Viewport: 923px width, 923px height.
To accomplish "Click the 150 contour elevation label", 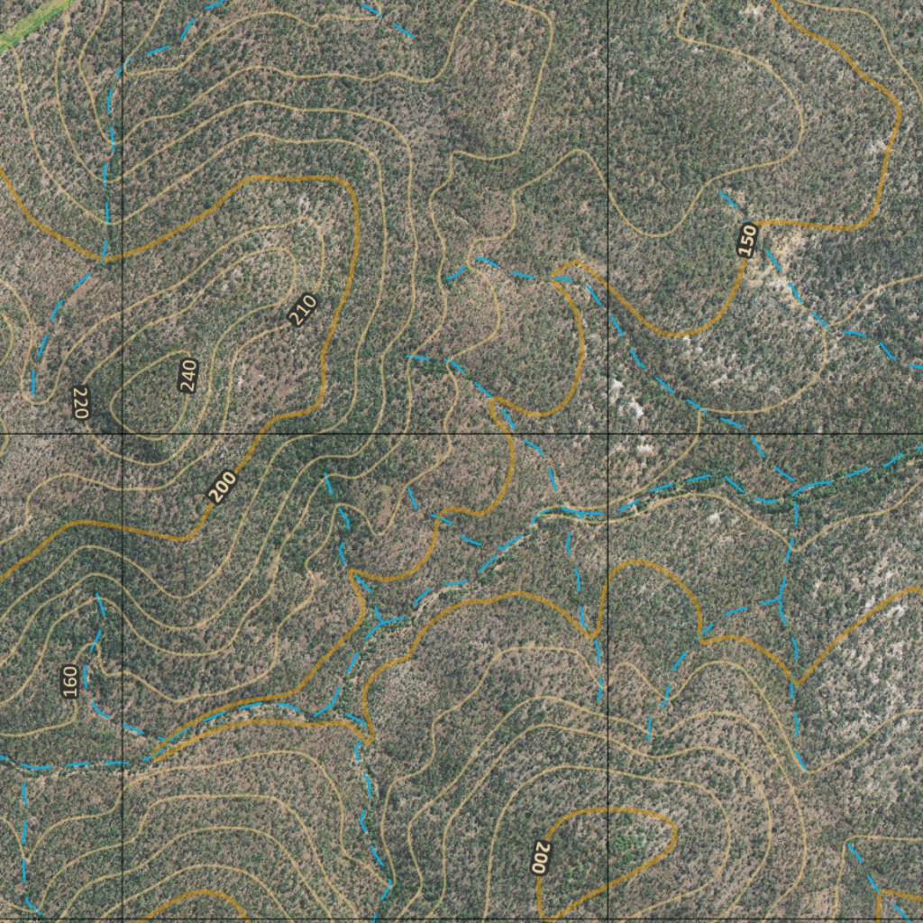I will [745, 240].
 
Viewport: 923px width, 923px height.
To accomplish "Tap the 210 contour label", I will [304, 310].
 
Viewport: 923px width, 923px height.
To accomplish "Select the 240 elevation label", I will [187, 375].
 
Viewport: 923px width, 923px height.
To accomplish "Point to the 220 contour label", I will [79, 402].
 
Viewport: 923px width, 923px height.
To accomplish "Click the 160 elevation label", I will [70, 681].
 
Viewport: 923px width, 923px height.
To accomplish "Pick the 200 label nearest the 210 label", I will [222, 487].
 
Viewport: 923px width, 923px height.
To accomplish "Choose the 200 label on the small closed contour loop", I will [541, 858].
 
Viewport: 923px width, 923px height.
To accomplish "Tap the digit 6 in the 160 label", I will [70, 681].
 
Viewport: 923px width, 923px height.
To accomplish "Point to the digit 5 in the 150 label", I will [745, 240].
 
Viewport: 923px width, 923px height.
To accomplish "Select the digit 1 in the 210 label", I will [304, 310].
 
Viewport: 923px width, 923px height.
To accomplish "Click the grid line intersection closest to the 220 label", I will [123, 434].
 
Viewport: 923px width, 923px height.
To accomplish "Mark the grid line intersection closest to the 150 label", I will [608, 434].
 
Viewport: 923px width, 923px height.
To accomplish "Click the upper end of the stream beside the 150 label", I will [721, 191].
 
